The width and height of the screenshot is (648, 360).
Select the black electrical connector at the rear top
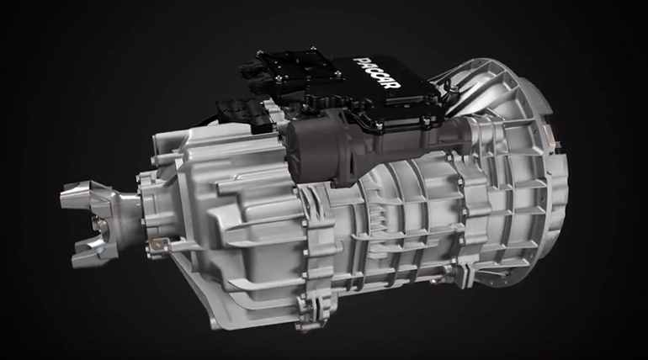click(x=239, y=114)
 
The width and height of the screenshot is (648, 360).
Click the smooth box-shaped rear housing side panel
click(x=236, y=210)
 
